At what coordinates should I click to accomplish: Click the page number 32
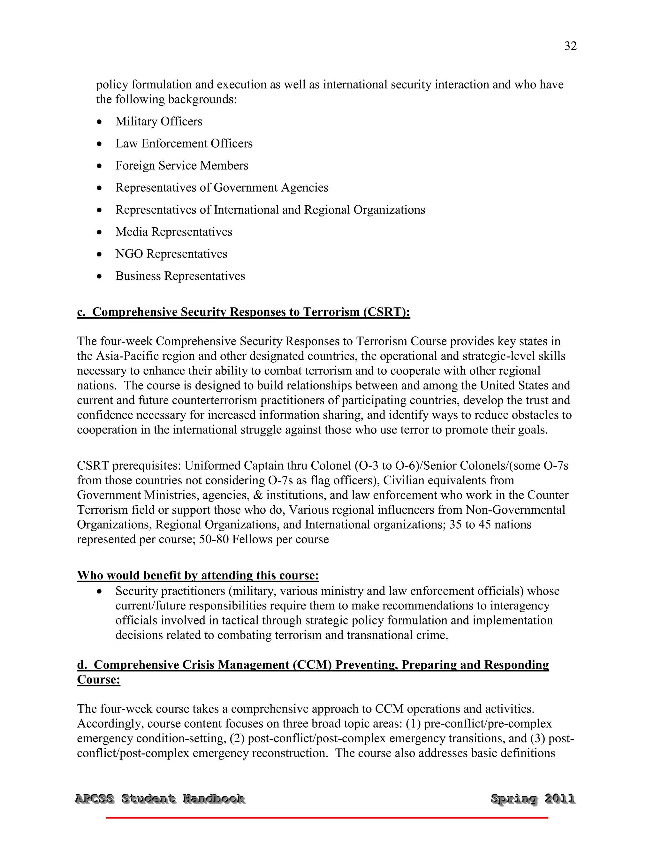pos(570,46)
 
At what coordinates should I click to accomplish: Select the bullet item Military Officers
pos(158,122)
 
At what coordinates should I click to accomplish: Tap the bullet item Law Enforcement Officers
pos(184,144)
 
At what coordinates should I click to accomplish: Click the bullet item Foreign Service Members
pos(182,166)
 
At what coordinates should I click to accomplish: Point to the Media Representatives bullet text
pos(174,232)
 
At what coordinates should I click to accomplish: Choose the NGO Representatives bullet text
pos(171,254)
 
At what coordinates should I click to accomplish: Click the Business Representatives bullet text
pos(180,276)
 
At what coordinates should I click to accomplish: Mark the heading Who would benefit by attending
pos(198,576)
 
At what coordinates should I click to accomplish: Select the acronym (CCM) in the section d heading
pos(312,665)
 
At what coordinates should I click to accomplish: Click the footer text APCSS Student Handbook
pos(160,799)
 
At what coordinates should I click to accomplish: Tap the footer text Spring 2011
pos(533,799)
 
